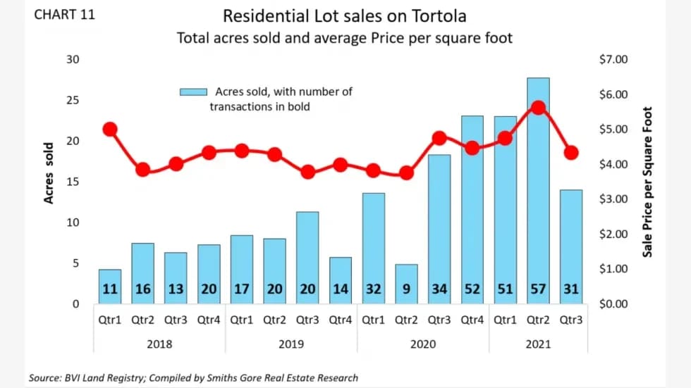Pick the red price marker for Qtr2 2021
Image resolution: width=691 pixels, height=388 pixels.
[x=538, y=108]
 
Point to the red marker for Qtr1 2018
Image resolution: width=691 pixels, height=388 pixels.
[x=110, y=129]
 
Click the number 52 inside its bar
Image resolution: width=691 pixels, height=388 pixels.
[x=472, y=289]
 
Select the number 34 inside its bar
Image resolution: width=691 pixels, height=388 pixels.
[x=439, y=289]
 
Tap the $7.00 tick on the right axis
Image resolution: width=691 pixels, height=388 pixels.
[x=611, y=60]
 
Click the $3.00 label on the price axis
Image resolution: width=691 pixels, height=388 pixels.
[x=611, y=199]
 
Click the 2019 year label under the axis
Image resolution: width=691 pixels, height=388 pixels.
[x=291, y=344]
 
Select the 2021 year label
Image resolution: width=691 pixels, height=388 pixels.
[x=537, y=344]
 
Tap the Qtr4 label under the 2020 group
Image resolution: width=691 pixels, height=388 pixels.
[x=472, y=319]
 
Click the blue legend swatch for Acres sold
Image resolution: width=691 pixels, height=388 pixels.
[x=192, y=92]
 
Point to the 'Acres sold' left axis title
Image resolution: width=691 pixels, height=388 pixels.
[x=49, y=173]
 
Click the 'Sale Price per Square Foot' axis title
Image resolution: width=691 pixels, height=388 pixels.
[x=647, y=182]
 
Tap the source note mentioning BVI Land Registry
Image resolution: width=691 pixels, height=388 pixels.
[x=193, y=378]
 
